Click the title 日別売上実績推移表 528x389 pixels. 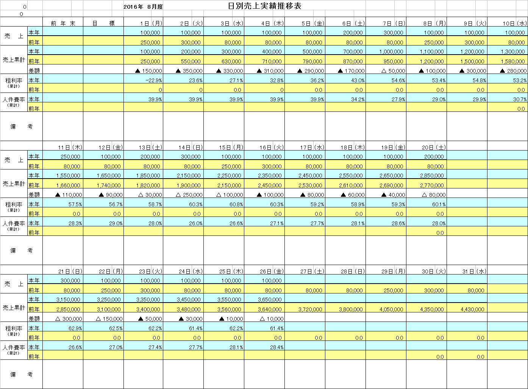point(264,6)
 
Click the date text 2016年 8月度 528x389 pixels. point(143,7)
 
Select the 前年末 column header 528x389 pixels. point(63,24)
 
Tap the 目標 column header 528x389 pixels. point(103,24)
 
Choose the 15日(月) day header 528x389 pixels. point(231,147)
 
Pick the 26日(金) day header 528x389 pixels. point(272,271)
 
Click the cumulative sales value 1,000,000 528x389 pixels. point(392,52)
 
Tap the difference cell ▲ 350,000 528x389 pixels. point(189,71)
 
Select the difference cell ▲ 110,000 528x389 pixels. point(69,195)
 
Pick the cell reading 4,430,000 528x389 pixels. point(473,309)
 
